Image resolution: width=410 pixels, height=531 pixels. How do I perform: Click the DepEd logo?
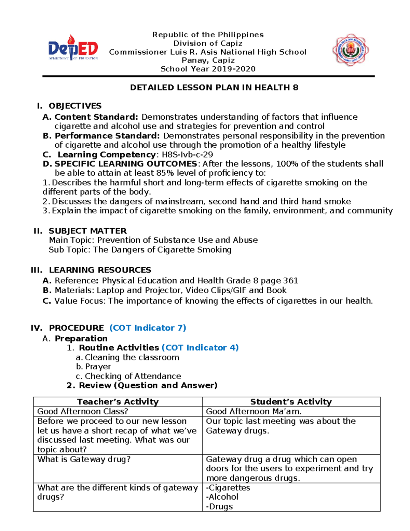pyautogui.click(x=73, y=49)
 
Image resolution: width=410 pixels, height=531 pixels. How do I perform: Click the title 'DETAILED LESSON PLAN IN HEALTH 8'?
pyautogui.click(x=214, y=88)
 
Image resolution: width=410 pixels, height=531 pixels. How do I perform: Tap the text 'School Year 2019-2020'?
pyautogui.click(x=208, y=69)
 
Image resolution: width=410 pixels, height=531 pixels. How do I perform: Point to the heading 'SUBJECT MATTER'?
pyautogui.click(x=88, y=231)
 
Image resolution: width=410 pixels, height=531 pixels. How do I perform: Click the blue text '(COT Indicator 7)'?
pyautogui.click(x=148, y=328)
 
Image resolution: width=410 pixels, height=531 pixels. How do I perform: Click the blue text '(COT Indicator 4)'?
pyautogui.click(x=200, y=348)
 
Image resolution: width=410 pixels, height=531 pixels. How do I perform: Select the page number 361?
pyautogui.click(x=291, y=281)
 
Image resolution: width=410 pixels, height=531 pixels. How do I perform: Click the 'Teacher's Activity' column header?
pyautogui.click(x=118, y=402)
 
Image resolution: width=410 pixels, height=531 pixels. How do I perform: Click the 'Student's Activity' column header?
pyautogui.click(x=291, y=402)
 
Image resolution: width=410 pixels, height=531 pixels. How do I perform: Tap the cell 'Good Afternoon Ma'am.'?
pyautogui.click(x=254, y=411)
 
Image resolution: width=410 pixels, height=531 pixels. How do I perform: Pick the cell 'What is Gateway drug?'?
pyautogui.click(x=84, y=459)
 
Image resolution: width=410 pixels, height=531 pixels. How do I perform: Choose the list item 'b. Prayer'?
pyautogui.click(x=94, y=367)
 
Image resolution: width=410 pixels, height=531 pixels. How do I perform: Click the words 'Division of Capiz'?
pyautogui.click(x=208, y=43)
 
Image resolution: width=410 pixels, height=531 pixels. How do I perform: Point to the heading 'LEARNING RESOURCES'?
pyautogui.click(x=100, y=270)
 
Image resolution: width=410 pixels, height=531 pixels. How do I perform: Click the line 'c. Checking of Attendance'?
pyautogui.click(x=129, y=376)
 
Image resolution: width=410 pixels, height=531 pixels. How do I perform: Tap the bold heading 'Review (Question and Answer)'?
pyautogui.click(x=148, y=385)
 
